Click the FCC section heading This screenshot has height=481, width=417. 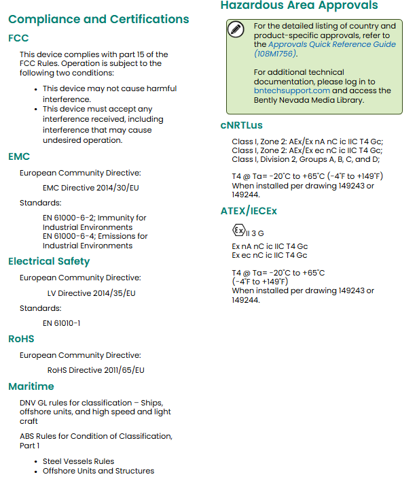point(18,38)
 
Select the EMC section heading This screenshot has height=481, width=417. point(19,156)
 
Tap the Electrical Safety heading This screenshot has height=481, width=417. point(49,261)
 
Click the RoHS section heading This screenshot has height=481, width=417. point(21,339)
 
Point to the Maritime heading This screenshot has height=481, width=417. point(31,386)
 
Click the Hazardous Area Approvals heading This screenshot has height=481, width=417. point(299,6)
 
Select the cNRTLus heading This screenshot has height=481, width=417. point(241,125)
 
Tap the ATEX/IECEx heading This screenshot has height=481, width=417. point(249,211)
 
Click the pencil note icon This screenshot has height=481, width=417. point(236,29)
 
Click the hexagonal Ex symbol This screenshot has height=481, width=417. point(238,230)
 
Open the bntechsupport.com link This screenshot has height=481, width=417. point(292,90)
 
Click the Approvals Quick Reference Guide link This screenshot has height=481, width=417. point(331,44)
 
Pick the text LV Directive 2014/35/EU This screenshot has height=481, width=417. point(91,293)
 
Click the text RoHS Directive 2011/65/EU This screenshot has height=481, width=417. point(96,370)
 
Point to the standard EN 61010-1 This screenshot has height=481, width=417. point(61,323)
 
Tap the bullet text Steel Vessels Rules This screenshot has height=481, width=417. point(78,461)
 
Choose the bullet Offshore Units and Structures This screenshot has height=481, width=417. point(98,471)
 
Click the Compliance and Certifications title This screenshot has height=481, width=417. point(98,19)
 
